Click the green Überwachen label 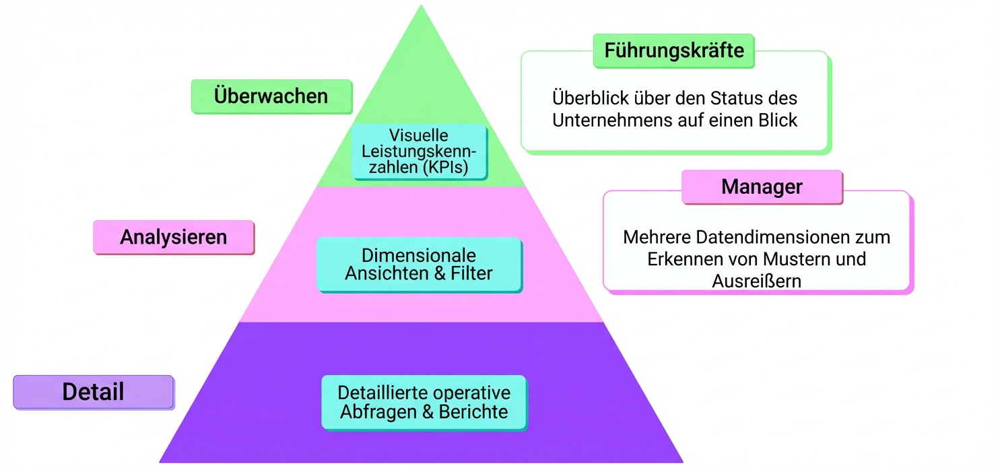coord(271,96)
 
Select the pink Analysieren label coord(174,237)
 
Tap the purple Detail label coord(94,392)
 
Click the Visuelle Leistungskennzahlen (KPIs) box coord(419,152)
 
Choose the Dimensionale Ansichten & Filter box coord(419,265)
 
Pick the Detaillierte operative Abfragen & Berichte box coord(424,403)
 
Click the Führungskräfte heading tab coord(673,51)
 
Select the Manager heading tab coord(762,187)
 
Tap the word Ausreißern coord(756,281)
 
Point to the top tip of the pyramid coord(421,7)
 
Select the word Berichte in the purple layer coord(473,412)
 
